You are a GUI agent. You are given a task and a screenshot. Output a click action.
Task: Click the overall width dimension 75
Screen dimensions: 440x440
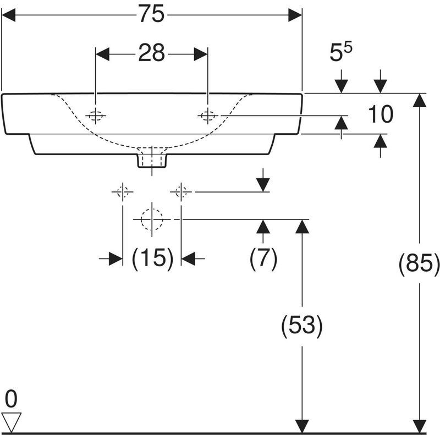pos(151,15)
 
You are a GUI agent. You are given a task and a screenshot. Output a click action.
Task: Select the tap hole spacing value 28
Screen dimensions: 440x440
pos(151,53)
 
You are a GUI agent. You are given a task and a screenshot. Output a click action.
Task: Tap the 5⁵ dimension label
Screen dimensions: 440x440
pos(342,54)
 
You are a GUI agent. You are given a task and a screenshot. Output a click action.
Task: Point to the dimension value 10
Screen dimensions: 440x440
pos(381,115)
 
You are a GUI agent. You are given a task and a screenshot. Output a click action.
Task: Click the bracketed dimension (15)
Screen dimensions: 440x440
pos(152,257)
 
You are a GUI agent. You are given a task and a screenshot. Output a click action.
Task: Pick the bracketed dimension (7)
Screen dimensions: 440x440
pos(263,257)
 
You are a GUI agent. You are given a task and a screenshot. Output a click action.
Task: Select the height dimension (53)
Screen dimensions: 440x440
pos(301,327)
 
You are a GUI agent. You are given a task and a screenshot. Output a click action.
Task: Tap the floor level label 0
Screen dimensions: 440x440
pos(10,398)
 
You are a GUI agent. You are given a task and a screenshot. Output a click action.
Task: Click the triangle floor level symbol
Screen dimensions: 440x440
pos(11,421)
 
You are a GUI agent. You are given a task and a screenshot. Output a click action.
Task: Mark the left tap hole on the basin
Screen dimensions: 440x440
pos(96,116)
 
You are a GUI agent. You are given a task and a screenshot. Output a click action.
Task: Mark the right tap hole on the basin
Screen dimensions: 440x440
pos(208,116)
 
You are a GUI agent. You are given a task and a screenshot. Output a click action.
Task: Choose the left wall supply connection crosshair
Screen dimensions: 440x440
pos(122,192)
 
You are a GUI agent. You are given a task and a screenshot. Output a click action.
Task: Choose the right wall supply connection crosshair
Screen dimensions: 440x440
pos(181,192)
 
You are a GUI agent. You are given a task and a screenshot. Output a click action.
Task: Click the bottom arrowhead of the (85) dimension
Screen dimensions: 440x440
pos(420,426)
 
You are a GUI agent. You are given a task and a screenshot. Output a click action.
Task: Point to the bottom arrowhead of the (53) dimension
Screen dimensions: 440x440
pos(301,426)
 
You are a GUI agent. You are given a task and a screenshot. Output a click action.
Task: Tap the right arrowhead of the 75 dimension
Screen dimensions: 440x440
pos(296,15)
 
